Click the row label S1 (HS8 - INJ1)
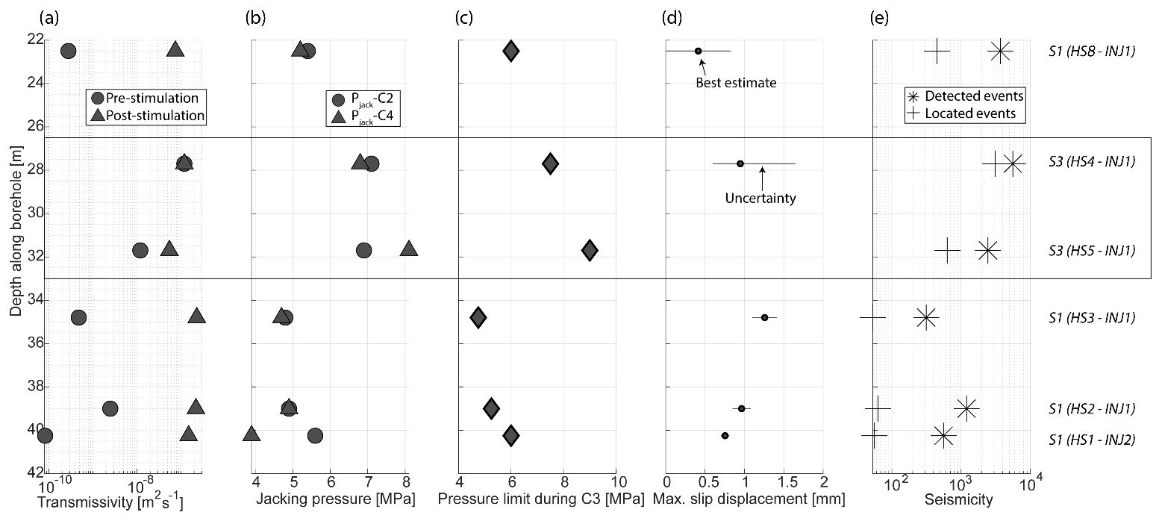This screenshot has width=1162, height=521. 1093,52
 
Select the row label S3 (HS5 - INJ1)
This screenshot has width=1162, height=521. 1093,250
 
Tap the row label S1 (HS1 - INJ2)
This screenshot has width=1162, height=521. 1093,440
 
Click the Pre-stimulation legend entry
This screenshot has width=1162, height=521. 146,98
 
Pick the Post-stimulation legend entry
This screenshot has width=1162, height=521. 146,115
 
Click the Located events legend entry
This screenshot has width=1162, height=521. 963,113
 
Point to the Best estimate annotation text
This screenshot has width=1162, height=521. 736,82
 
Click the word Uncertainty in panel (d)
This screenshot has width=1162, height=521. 760,199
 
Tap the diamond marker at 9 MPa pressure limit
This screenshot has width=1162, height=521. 590,250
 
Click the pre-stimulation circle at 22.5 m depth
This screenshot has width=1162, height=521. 68,51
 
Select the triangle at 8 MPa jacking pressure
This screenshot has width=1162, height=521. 408,249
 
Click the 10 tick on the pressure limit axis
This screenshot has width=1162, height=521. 617,482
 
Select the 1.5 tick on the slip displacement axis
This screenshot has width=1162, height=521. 784,482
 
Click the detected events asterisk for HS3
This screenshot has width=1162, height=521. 925,317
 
